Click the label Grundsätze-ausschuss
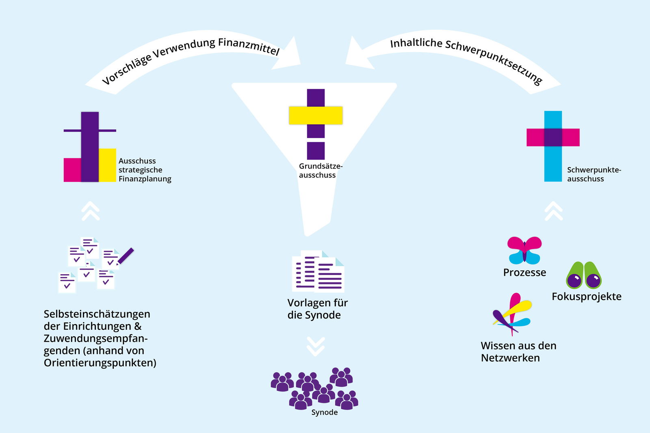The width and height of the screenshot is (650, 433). [x=320, y=171]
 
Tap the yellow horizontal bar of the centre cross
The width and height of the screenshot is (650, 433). [x=316, y=115]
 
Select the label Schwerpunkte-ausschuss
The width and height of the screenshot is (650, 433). [x=594, y=174]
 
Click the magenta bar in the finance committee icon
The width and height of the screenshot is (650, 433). [x=72, y=170]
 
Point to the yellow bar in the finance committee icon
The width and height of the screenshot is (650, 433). [x=108, y=165]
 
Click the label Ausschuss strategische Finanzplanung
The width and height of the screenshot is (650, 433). [x=145, y=170]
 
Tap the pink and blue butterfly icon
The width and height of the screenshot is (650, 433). [x=524, y=249]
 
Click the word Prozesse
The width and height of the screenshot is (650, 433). [x=524, y=272]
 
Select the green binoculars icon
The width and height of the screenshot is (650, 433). [x=584, y=276]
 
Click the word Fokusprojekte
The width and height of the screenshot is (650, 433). [x=586, y=297]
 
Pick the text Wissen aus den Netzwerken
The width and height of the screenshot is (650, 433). [x=518, y=352]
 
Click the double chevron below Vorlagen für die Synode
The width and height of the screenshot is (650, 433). [x=316, y=346]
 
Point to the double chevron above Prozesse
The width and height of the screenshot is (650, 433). [x=554, y=211]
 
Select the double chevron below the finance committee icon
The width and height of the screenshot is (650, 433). [x=91, y=211]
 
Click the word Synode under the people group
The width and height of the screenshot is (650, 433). [x=324, y=412]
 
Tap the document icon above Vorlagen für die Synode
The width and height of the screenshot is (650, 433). [x=318, y=271]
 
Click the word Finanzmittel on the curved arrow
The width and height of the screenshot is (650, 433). [x=249, y=46]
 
